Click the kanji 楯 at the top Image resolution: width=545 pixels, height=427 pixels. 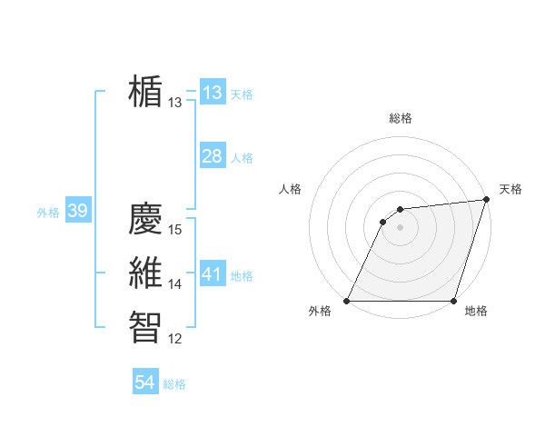pyautogui.click(x=145, y=91)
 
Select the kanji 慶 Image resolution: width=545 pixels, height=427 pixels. pyautogui.click(x=145, y=218)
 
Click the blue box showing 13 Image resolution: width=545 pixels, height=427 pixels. pyautogui.click(x=213, y=93)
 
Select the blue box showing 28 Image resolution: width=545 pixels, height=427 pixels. pyautogui.click(x=213, y=156)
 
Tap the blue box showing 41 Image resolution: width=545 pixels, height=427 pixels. pyautogui.click(x=213, y=274)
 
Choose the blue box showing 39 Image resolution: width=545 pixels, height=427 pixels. pyautogui.click(x=77, y=212)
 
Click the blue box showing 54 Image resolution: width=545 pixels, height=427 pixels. pyautogui.click(x=145, y=382)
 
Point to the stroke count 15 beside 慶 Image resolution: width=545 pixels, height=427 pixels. pyautogui.click(x=176, y=230)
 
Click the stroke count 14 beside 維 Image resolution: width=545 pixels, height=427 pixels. pyautogui.click(x=176, y=284)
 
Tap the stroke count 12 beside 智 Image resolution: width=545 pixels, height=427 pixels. pyautogui.click(x=176, y=339)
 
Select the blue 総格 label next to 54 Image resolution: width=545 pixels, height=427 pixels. pyautogui.click(x=174, y=384)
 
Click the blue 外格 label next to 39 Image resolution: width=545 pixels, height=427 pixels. pyautogui.click(x=48, y=213)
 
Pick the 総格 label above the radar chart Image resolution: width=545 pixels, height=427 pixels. pyautogui.click(x=401, y=118)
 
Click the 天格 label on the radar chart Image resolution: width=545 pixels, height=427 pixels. pyautogui.click(x=510, y=189)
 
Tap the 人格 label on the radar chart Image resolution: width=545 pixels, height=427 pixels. pyautogui.click(x=291, y=189)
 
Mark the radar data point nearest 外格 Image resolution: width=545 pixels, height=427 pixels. pyautogui.click(x=347, y=301)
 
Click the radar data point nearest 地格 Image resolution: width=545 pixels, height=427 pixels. pyautogui.click(x=453, y=301)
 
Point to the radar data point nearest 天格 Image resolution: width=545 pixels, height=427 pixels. pyautogui.click(x=487, y=200)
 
